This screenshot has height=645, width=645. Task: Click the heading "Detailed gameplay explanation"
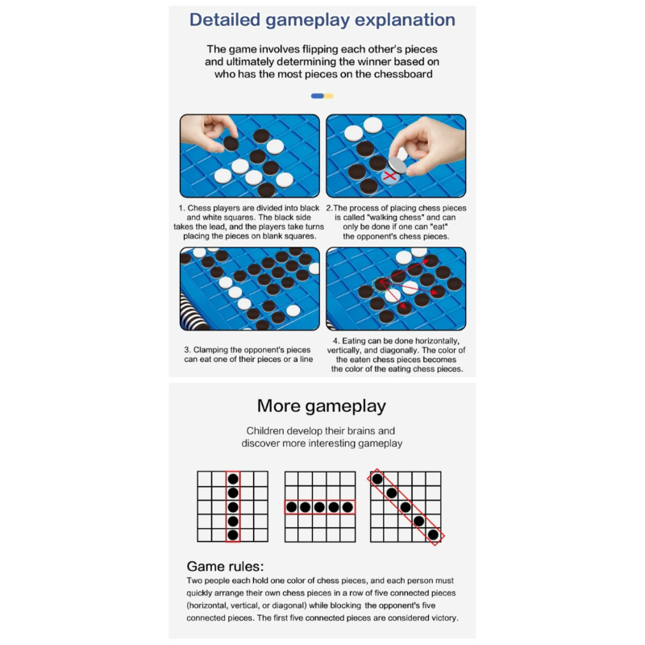click(322, 20)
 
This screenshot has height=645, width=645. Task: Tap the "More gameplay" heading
click(322, 406)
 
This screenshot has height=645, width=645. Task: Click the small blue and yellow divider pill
click(322, 96)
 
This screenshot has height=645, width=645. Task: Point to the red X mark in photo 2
click(392, 173)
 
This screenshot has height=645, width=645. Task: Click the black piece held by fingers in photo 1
click(231, 143)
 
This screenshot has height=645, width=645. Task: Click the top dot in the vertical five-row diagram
click(233, 477)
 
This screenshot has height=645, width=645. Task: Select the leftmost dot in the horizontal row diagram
click(292, 507)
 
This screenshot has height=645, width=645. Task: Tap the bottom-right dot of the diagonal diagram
click(433, 535)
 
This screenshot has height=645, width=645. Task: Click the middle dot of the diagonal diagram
click(406, 507)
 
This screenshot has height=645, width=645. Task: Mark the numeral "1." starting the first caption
click(182, 207)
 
